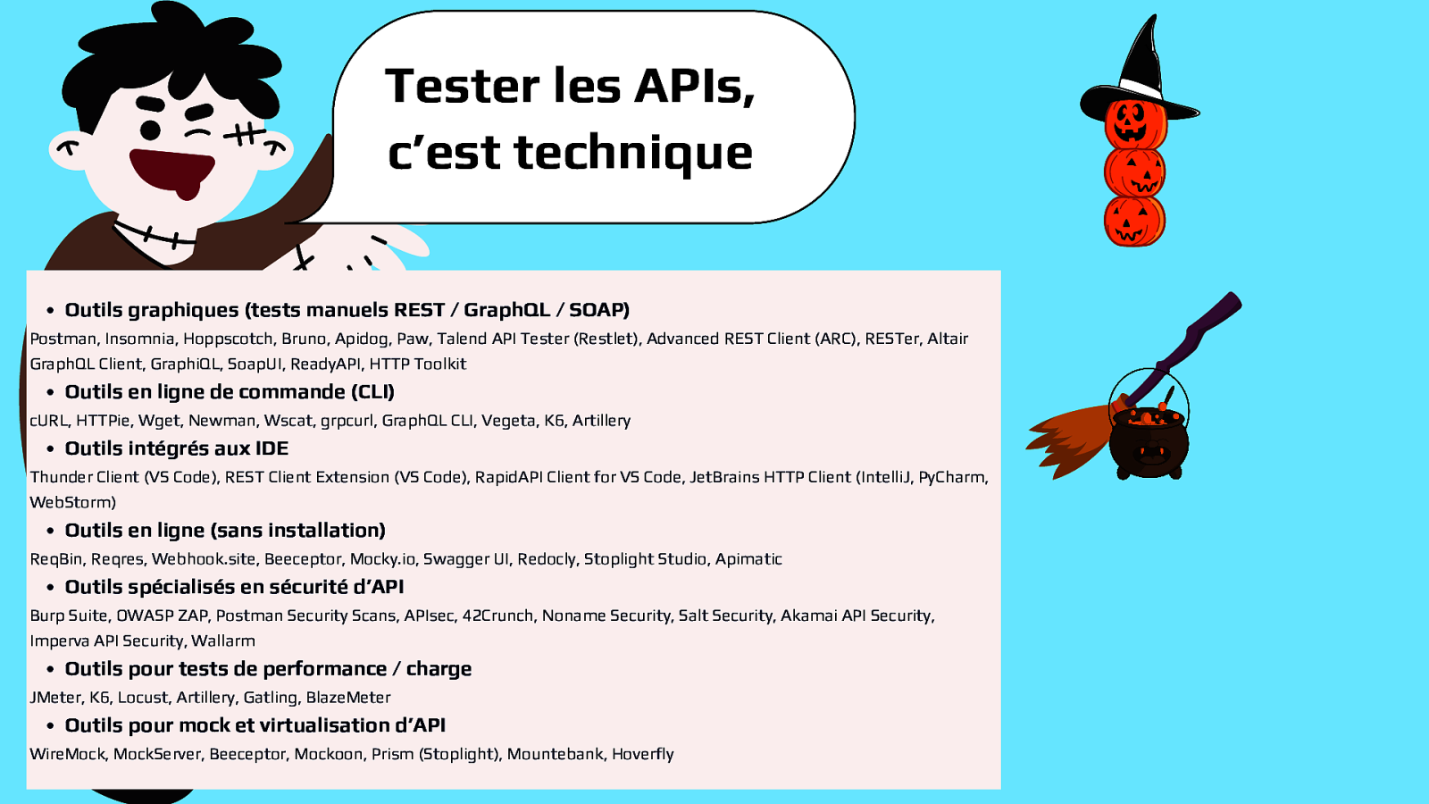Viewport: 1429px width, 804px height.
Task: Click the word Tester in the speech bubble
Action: click(463, 86)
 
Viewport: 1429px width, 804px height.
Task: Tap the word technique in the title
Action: click(633, 153)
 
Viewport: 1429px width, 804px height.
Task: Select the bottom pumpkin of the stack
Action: click(1134, 221)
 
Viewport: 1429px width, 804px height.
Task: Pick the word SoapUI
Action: click(255, 364)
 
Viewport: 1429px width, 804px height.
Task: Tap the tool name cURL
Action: click(49, 421)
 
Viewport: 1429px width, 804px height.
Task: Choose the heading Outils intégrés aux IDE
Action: click(176, 448)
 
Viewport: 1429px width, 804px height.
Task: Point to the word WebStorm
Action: click(71, 502)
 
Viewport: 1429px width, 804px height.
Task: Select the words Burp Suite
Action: click(69, 616)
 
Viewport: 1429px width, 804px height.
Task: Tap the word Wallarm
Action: click(223, 641)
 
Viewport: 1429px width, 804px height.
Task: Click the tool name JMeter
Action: click(55, 698)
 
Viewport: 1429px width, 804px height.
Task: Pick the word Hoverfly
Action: click(642, 754)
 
